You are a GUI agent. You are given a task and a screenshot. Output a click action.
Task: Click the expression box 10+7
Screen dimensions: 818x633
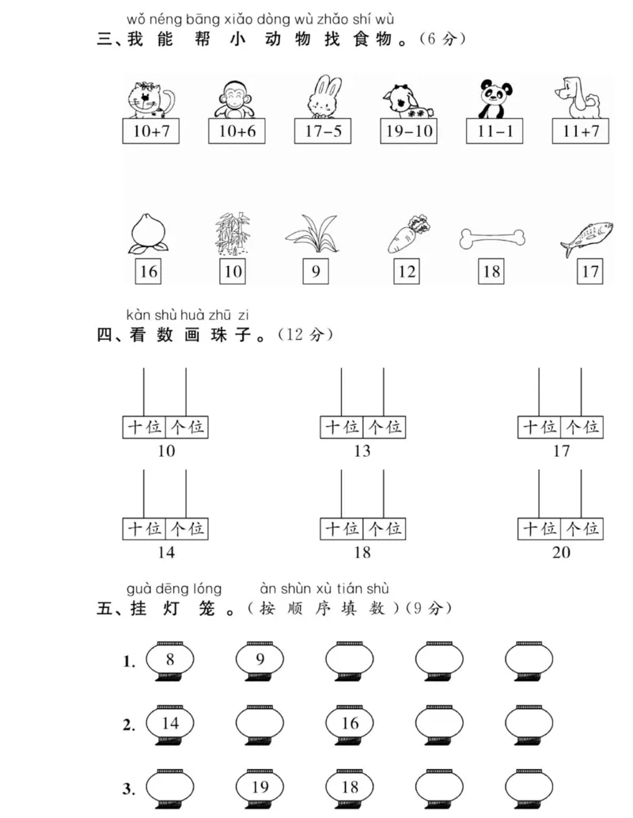click(x=151, y=131)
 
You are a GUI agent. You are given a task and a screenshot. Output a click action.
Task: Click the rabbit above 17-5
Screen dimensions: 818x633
click(x=323, y=97)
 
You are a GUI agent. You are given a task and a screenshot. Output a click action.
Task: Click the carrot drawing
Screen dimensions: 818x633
click(x=408, y=234)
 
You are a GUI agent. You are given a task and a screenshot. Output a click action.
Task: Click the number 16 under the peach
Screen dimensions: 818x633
click(x=148, y=272)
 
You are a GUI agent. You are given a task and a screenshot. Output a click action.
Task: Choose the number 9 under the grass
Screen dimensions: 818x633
click(x=316, y=272)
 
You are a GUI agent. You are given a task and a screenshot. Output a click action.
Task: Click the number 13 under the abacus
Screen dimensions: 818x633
click(x=362, y=451)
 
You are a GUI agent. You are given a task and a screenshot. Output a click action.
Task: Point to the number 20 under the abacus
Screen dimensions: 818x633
click(x=560, y=552)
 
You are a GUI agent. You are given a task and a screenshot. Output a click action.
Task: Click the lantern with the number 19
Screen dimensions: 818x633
click(x=260, y=787)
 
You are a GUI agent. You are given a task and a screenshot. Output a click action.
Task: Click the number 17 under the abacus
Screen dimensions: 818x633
click(x=560, y=451)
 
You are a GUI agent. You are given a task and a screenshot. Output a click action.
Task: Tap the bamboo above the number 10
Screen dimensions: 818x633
click(x=233, y=233)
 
